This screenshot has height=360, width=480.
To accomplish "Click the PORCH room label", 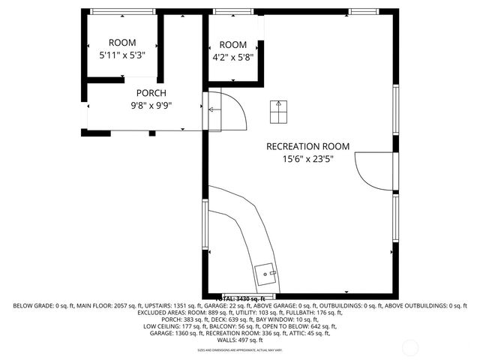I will [x=151, y=93].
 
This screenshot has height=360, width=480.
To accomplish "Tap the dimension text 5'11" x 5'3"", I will [x=121, y=55].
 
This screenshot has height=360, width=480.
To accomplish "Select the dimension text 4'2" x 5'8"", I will [x=232, y=56].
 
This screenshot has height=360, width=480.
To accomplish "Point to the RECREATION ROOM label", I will [x=307, y=146].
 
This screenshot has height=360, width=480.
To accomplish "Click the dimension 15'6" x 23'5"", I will [x=307, y=159].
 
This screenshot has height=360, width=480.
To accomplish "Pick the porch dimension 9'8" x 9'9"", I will [x=151, y=106].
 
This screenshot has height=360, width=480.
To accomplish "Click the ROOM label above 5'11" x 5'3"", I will [x=122, y=43].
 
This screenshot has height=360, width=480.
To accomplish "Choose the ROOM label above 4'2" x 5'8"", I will [x=232, y=44].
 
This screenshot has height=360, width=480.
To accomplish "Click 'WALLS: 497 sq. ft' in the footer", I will [x=239, y=340].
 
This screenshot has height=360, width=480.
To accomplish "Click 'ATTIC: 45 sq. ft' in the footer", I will [x=310, y=333].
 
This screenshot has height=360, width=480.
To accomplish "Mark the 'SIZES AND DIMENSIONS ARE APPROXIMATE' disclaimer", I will [x=239, y=350].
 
